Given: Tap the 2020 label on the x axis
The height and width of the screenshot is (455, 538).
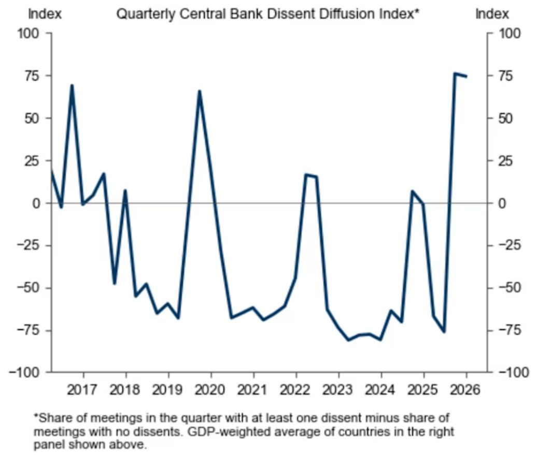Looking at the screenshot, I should (x=210, y=388).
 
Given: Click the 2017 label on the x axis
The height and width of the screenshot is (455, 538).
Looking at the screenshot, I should (x=83, y=388).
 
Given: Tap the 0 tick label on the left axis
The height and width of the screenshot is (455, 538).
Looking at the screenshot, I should (x=37, y=203).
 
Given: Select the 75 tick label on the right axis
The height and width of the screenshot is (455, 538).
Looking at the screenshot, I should (x=509, y=76).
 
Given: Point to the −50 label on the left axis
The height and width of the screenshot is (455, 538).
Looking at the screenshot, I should (x=29, y=288).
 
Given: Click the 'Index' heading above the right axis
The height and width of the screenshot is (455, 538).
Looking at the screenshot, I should (x=492, y=14).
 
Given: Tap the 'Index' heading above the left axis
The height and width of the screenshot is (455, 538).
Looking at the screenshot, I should (x=45, y=14).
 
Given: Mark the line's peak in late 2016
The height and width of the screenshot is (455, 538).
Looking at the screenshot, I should (x=72, y=85).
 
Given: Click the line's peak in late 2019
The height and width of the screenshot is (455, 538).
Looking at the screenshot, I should (x=200, y=91).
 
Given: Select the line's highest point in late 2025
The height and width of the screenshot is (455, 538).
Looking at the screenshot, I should (x=455, y=74).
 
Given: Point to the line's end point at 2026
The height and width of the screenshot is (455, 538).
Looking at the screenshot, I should (x=466, y=76).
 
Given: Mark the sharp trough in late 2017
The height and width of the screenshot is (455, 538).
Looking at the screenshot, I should (x=115, y=283).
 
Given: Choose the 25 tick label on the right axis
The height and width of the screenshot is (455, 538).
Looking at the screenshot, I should (x=509, y=160).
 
